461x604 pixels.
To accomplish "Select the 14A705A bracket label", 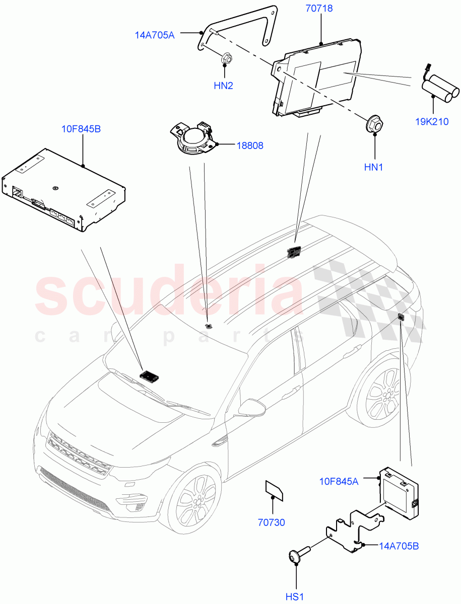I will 155,35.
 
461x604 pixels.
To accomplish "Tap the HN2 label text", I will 223,86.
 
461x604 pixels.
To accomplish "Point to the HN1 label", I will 374,167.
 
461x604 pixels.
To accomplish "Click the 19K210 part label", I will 432,122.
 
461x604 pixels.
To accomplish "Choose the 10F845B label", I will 81,129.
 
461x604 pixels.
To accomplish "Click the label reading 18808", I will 250,145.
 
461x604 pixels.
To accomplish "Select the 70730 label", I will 272,522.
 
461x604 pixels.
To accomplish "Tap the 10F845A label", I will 339,482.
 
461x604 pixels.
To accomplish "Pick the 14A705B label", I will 398,546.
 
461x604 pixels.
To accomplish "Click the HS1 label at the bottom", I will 296,596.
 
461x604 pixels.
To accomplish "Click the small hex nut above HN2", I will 226,59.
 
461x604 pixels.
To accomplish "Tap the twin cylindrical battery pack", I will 440,88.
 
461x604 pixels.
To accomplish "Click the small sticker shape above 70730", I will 274,490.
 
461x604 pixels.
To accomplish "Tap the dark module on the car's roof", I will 293,251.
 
